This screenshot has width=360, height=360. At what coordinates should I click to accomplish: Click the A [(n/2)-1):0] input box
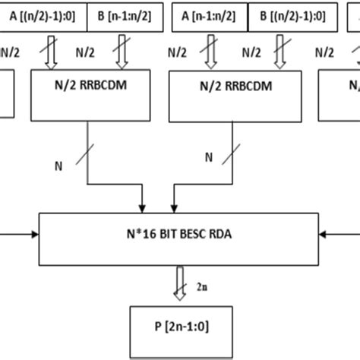43,14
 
